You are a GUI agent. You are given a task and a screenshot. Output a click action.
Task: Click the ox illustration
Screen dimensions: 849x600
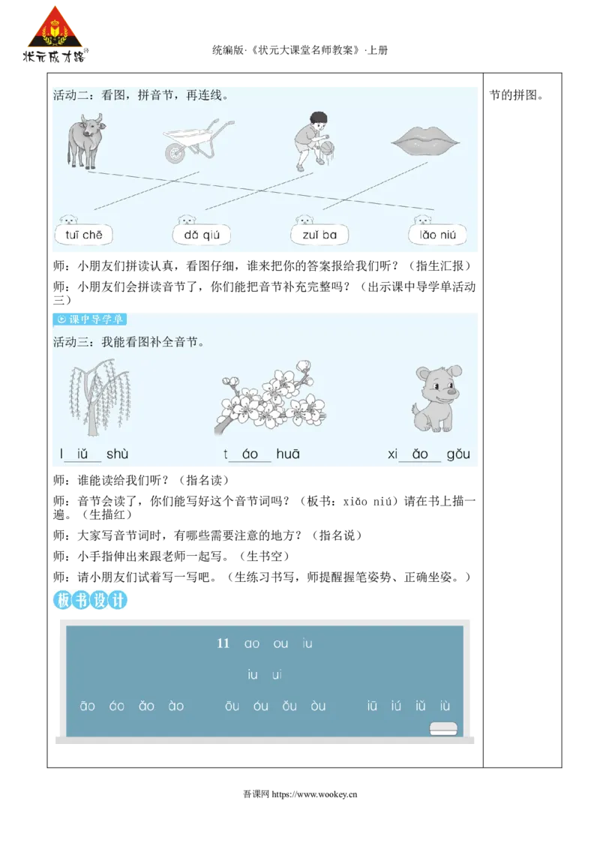click(83, 140)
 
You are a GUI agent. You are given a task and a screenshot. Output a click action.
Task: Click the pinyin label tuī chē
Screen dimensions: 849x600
click(83, 235)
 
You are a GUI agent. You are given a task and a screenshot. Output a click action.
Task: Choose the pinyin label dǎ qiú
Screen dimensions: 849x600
click(201, 235)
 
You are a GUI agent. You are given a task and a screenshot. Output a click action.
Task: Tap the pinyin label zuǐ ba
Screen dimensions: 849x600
click(319, 235)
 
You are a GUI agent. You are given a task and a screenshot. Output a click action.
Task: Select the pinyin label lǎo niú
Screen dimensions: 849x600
click(438, 235)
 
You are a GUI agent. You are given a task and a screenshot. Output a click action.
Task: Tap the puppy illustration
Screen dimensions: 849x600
click(436, 397)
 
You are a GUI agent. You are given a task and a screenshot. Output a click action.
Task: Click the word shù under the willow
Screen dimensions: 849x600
click(118, 454)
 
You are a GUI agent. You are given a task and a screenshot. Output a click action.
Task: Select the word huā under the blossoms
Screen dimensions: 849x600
click(288, 454)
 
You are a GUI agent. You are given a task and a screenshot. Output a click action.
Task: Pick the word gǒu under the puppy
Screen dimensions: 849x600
click(458, 454)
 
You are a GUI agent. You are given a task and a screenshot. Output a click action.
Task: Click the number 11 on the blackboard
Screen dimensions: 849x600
click(223, 643)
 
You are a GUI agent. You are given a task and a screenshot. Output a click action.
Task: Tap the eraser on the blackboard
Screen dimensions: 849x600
click(442, 727)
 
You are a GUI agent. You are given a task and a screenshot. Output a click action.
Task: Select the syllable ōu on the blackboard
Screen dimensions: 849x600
click(232, 706)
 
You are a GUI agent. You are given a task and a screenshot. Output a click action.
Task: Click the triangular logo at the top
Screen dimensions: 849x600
click(55, 34)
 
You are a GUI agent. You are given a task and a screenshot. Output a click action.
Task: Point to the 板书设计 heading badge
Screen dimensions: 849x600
click(91, 600)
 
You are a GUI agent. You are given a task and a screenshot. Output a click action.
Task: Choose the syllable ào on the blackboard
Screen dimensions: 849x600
click(176, 706)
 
